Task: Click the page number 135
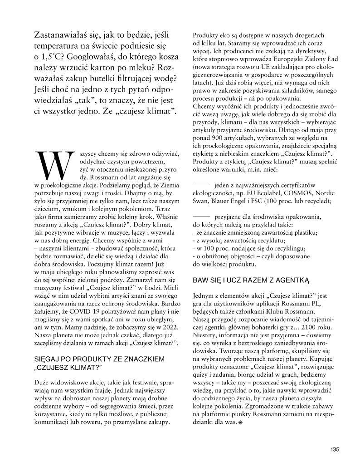click(x=335, y=449)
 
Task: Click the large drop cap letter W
click(x=54, y=164)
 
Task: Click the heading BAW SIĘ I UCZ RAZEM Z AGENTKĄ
click(x=244, y=280)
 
